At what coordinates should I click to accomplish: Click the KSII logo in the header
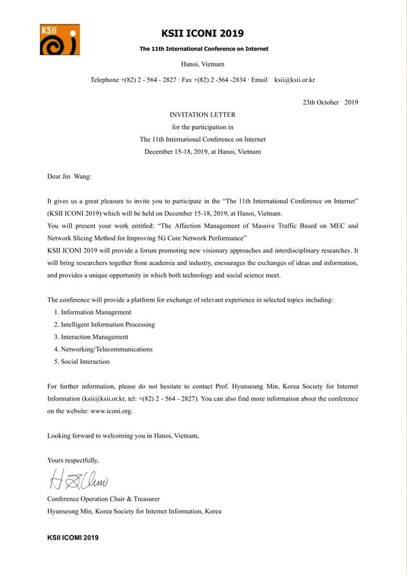tap(59, 39)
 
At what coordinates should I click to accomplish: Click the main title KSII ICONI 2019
tap(203, 33)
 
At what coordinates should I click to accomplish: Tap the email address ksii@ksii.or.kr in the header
tap(295, 80)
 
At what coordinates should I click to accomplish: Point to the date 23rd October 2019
tap(330, 103)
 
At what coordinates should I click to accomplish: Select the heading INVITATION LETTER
tap(202, 114)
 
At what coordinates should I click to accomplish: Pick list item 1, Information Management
tap(92, 312)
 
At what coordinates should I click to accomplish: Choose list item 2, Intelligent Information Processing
tap(104, 324)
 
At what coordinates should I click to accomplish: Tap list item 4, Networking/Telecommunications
tap(103, 349)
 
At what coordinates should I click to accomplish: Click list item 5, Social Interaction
tap(82, 361)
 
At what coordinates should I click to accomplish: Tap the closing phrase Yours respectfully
tap(73, 460)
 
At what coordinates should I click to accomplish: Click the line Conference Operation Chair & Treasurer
tap(103, 499)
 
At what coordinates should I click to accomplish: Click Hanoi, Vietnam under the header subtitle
tap(202, 65)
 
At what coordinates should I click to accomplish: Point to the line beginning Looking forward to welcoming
tap(123, 436)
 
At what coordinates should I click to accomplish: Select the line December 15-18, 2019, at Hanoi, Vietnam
tap(202, 151)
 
